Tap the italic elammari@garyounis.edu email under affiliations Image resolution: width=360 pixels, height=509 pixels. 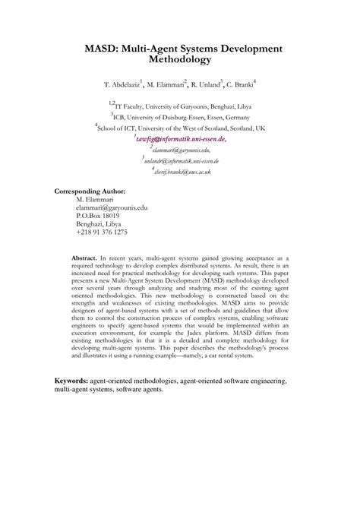[x=181, y=151]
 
